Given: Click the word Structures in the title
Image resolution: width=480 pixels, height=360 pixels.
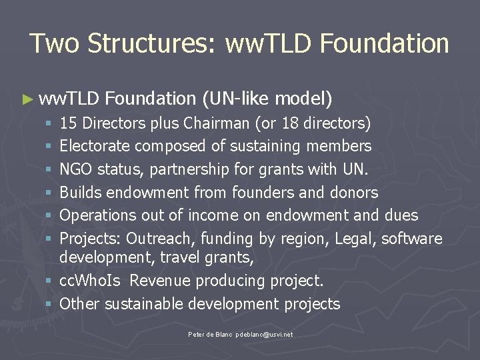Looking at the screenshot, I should click(151, 43).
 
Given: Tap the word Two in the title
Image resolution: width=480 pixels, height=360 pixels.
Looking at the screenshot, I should click(54, 43).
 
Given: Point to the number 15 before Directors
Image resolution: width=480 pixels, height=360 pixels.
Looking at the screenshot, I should click(68, 123).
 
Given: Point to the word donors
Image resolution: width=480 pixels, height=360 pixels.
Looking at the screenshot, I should click(354, 193).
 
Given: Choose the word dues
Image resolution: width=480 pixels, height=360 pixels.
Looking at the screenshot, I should click(401, 215).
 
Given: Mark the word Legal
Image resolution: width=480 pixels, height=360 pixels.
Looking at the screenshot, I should click(354, 239).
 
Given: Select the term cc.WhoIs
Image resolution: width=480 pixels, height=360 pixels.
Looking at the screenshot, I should click(90, 281).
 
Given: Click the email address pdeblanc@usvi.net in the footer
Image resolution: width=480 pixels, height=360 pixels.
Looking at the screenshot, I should click(263, 334).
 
